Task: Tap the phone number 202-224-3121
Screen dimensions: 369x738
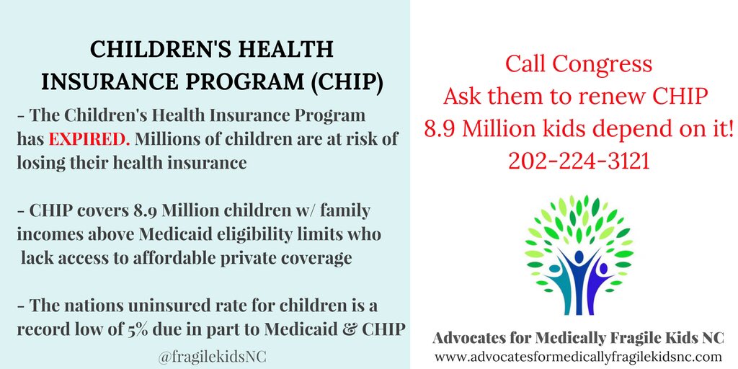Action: (579, 161)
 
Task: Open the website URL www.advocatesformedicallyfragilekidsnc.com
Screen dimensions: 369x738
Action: (578, 357)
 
